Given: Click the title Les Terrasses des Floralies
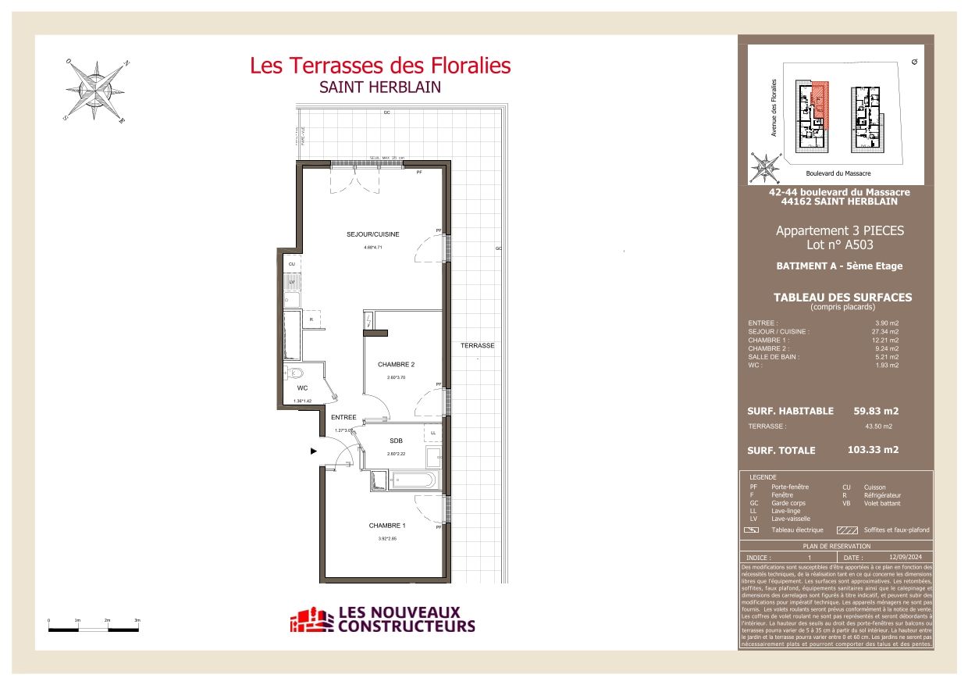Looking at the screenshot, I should [380, 66].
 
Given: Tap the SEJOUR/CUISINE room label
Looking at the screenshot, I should [373, 234].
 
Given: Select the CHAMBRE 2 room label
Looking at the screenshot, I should [396, 365].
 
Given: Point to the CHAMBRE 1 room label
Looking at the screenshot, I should [387, 526].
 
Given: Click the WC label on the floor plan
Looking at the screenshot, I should [302, 388].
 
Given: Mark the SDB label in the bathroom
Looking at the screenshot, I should [396, 441].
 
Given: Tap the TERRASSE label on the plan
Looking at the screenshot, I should [477, 345].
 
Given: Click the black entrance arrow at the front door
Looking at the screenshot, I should [314, 451].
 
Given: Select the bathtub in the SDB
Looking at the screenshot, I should [414, 479].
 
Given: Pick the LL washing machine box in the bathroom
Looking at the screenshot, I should [432, 433].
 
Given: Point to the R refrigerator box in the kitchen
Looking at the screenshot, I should [311, 319].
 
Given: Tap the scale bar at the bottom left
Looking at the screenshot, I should [93, 624].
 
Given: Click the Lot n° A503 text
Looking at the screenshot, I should [839, 245].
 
